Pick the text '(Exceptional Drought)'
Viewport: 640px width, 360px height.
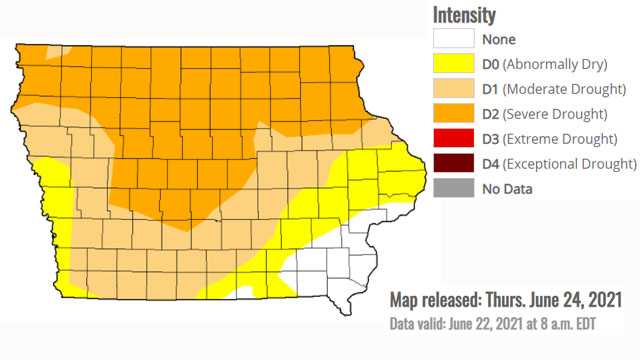[571, 163]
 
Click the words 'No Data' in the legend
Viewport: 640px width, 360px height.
[506, 187]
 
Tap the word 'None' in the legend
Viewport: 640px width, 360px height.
[498, 40]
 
